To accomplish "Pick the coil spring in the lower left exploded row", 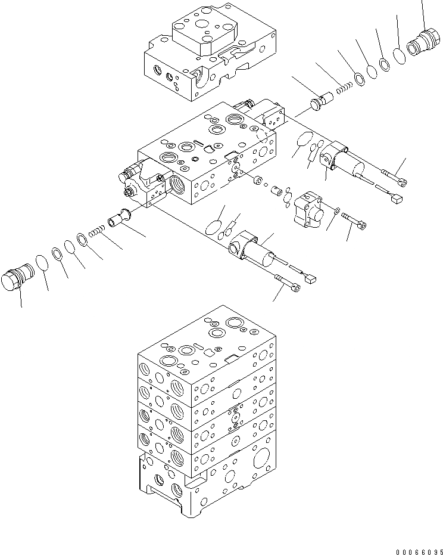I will click(95, 231).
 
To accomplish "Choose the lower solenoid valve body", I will click(255, 250).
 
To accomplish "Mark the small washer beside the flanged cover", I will click(338, 210).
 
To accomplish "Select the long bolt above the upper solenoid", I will click(392, 176).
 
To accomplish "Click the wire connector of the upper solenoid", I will click(399, 200).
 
